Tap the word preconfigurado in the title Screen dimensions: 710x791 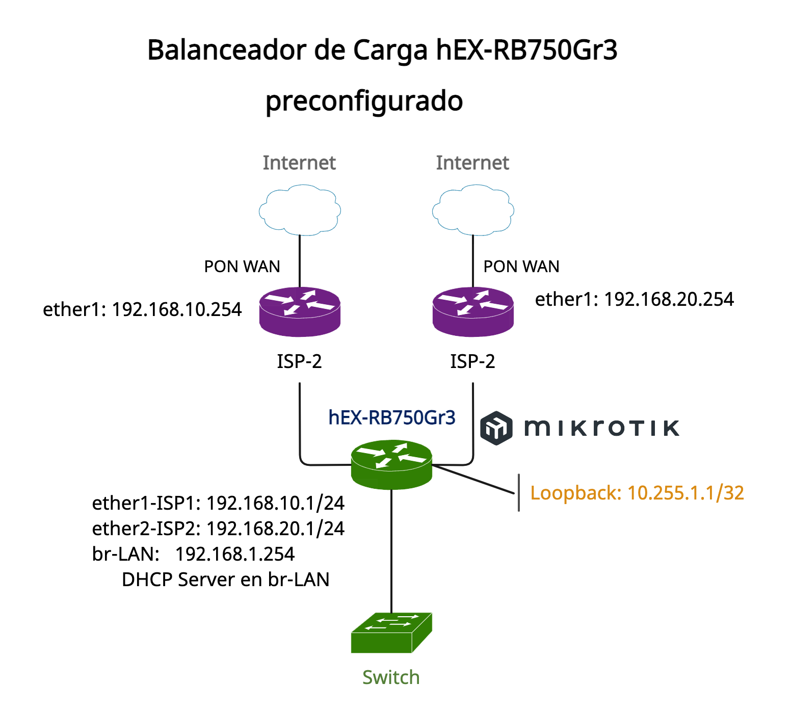click(364, 101)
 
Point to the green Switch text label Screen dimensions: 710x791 click(391, 677)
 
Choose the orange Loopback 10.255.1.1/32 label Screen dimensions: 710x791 click(637, 493)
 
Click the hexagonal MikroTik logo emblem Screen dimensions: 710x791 click(496, 428)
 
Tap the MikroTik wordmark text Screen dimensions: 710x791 click(602, 428)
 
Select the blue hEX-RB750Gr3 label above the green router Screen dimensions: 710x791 click(391, 417)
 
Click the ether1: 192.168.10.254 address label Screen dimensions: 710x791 click(142, 309)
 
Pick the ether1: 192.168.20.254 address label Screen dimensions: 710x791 click(634, 299)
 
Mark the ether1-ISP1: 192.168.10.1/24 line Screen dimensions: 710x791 click(218, 503)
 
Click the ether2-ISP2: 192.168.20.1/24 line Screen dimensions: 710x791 click(218, 529)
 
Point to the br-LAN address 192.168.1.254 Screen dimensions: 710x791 click(235, 554)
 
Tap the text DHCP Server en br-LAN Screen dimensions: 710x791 click(225, 580)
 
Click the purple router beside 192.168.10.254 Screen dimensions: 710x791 click(300, 311)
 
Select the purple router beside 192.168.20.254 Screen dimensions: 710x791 click(473, 311)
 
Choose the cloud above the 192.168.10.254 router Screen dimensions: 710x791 click(300, 210)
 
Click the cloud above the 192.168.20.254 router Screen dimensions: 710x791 click(473, 210)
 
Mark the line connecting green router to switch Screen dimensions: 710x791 click(391, 550)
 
